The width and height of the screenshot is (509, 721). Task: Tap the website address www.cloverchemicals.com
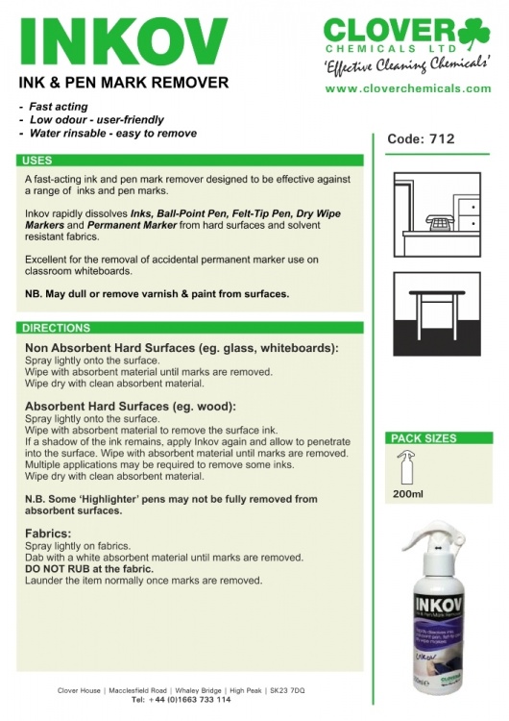(408, 87)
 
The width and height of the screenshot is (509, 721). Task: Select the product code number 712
(442, 138)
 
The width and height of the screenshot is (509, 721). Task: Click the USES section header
(38, 161)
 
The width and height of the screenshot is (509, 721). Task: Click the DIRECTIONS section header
(57, 328)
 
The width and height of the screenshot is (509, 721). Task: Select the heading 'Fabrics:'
(49, 533)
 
